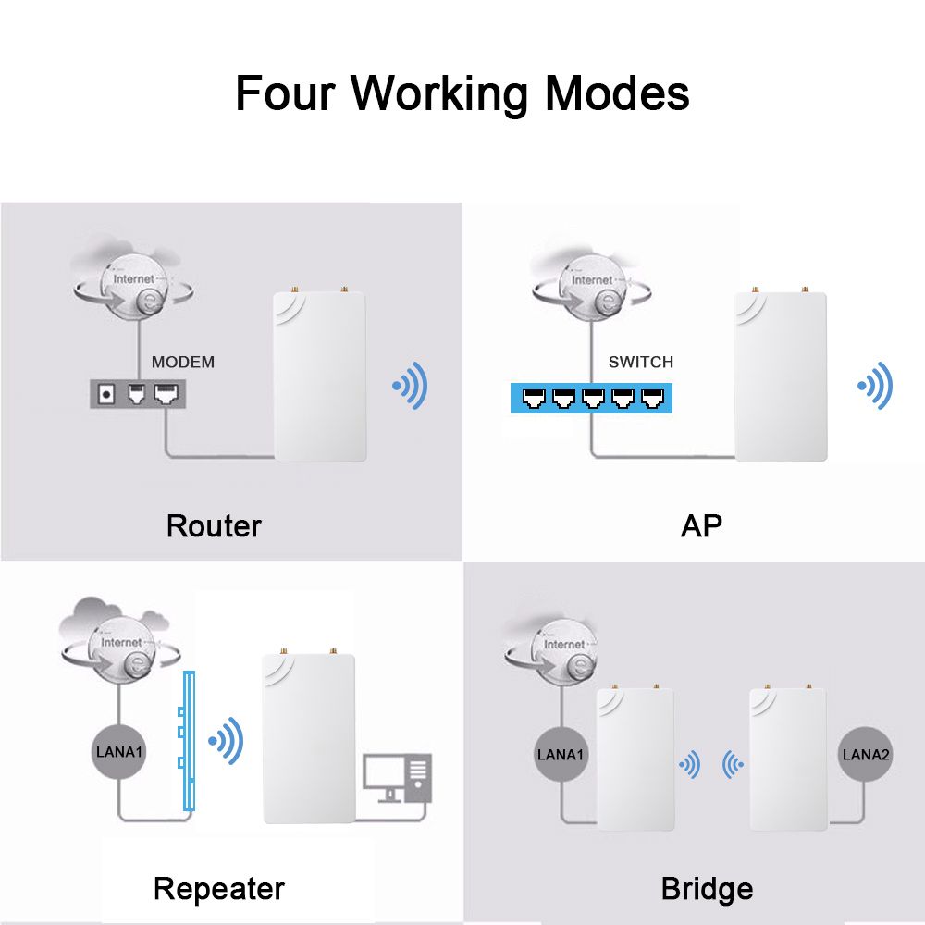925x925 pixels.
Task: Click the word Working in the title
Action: coord(439,94)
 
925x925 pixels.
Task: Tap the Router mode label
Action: coord(214,525)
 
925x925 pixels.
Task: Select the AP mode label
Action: coord(701,525)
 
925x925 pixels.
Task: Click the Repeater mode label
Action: coord(219,889)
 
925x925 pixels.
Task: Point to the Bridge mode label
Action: coord(707,889)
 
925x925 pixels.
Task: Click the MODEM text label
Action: coord(183,362)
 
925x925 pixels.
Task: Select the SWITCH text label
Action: coord(641,362)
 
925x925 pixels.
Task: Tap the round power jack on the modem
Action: coord(106,394)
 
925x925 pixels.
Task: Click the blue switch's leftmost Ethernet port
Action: coord(535,399)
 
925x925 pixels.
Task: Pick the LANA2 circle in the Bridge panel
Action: coord(865,754)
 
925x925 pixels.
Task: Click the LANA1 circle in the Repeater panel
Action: coord(118,751)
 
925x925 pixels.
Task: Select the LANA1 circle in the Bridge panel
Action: coord(561,754)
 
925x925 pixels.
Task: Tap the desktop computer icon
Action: coord(398,778)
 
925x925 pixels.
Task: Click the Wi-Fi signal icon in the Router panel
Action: coord(410,386)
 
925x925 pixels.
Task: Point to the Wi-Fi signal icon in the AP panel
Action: coord(875,386)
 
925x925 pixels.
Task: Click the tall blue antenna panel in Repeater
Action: coord(188,741)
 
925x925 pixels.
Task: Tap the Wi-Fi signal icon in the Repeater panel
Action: coord(226,741)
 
